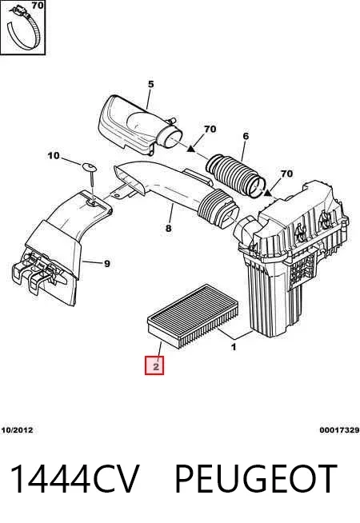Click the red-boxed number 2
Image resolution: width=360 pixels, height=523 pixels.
click(x=156, y=366)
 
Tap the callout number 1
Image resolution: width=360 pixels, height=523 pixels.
click(x=234, y=347)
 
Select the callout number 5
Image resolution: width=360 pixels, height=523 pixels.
click(x=151, y=85)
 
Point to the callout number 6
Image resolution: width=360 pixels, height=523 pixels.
click(x=246, y=136)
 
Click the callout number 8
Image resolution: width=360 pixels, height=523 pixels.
click(x=169, y=228)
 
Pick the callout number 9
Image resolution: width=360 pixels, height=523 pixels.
click(x=106, y=264)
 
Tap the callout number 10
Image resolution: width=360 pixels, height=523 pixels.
click(x=54, y=155)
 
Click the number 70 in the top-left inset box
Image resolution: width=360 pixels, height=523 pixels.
click(x=38, y=6)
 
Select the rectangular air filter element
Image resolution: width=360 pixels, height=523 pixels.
click(x=193, y=315)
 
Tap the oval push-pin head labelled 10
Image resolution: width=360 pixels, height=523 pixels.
click(x=89, y=166)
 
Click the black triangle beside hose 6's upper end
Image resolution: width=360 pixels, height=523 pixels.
click(x=190, y=149)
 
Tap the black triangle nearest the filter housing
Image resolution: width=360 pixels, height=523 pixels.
click(x=267, y=193)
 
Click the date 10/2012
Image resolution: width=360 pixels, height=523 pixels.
click(x=18, y=430)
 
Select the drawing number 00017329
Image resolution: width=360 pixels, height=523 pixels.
click(x=339, y=430)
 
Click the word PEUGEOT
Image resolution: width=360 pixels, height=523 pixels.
click(x=256, y=479)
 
